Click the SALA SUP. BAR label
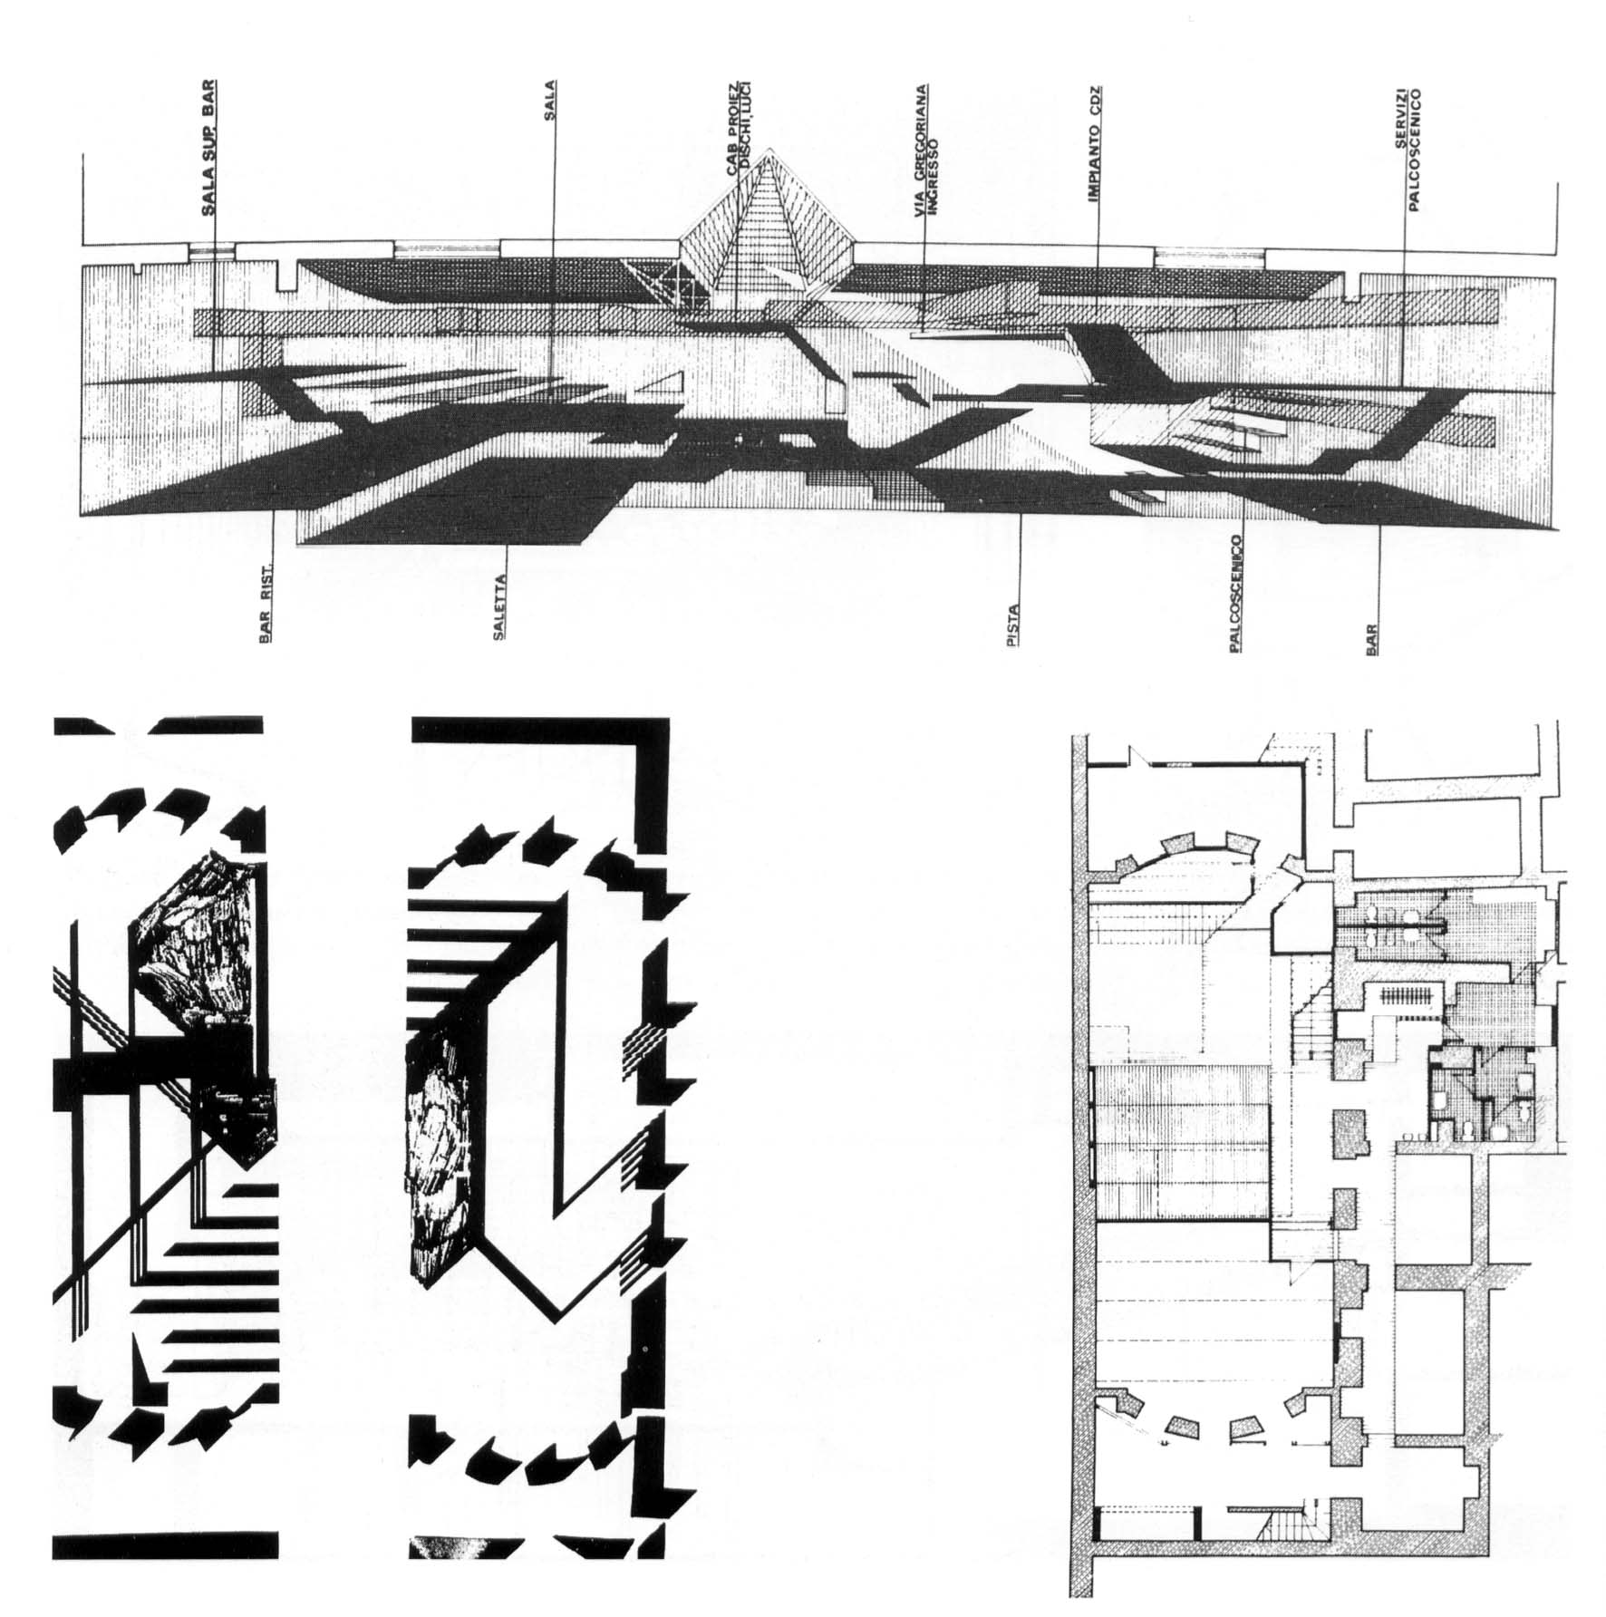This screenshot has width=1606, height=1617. (x=208, y=147)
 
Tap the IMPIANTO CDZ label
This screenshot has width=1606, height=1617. (x=1094, y=145)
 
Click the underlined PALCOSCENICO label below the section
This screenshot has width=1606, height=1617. (x=1234, y=591)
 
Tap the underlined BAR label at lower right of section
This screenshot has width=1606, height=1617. (x=1371, y=640)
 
